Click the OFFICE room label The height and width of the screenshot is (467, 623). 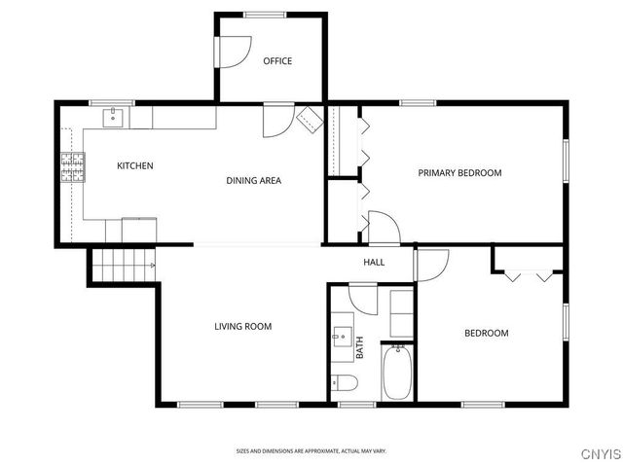click(x=277, y=61)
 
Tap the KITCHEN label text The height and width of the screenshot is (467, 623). click(x=135, y=166)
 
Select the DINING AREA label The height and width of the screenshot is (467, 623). click(x=254, y=180)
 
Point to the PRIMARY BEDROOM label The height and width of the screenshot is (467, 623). click(x=459, y=173)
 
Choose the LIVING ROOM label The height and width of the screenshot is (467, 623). click(x=242, y=327)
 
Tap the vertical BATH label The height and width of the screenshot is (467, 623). click(x=359, y=348)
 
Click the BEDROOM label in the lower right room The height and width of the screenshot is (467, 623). click(x=486, y=334)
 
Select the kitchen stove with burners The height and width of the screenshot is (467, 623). click(x=72, y=167)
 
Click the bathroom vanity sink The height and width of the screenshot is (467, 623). click(x=341, y=338)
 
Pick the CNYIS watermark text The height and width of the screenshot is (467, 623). click(x=598, y=453)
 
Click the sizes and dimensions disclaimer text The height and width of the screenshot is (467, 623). click(x=311, y=450)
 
